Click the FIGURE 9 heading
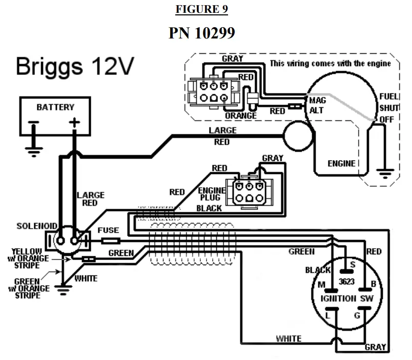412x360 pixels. click(x=201, y=9)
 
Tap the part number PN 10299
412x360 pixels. click(x=201, y=33)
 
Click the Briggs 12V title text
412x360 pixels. click(x=75, y=66)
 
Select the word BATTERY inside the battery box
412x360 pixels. click(x=55, y=107)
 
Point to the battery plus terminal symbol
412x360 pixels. click(x=74, y=122)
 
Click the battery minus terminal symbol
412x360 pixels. click(x=34, y=122)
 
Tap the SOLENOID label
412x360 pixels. click(x=37, y=226)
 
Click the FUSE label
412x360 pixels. click(x=108, y=230)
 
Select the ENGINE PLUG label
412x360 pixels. click(x=212, y=194)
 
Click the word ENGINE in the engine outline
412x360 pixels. click(x=341, y=164)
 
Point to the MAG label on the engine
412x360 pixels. click(x=317, y=100)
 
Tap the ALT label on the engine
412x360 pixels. click(x=316, y=110)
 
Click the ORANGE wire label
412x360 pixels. click(x=241, y=116)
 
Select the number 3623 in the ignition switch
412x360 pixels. click(x=346, y=282)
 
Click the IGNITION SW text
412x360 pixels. click(x=347, y=298)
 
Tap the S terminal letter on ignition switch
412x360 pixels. click(x=353, y=265)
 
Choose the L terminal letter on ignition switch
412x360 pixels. click(x=327, y=315)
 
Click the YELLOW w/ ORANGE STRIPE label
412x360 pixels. click(x=28, y=258)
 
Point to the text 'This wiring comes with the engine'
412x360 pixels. click(x=331, y=64)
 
